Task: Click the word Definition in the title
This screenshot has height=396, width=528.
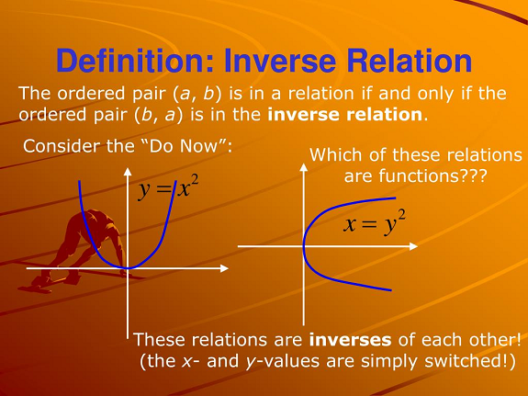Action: tap(135, 61)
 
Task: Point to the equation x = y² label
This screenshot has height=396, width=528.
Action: tap(375, 222)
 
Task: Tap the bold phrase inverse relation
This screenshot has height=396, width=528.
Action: tap(345, 115)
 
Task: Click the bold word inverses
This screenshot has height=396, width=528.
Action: tap(350, 340)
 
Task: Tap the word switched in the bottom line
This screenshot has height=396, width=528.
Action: tap(470, 361)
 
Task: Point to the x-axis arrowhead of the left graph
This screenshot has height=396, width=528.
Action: tap(224, 268)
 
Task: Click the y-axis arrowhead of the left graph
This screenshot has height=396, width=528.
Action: tap(128, 172)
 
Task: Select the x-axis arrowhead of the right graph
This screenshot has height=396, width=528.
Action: tap(413, 246)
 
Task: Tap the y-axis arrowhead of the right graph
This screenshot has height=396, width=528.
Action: tap(304, 167)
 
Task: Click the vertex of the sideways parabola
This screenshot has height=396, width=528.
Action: tap(304, 246)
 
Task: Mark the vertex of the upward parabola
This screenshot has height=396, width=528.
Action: tap(128, 268)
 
